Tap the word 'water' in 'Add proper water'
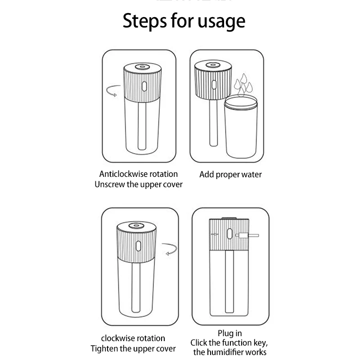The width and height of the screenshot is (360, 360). tap(252, 175)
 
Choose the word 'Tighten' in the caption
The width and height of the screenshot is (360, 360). tap(106, 348)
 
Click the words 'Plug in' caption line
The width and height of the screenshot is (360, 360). tap(229, 333)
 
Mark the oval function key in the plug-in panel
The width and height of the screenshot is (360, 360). tap(228, 235)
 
